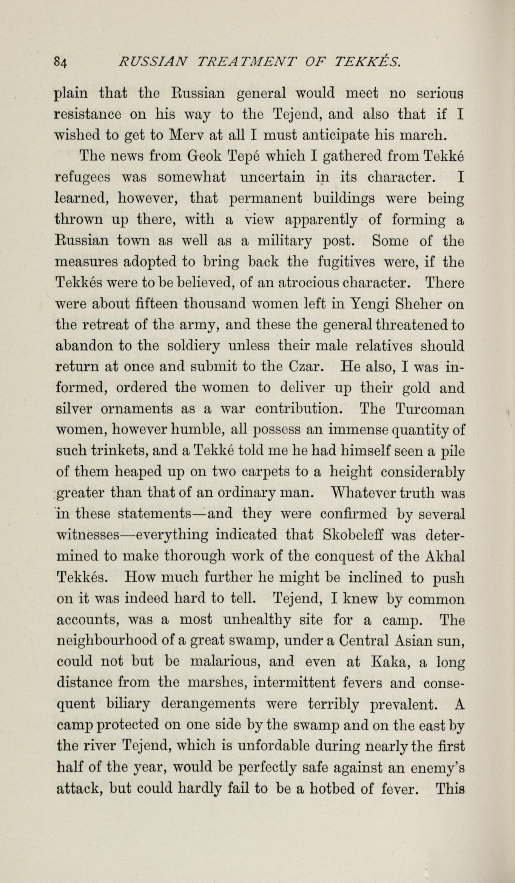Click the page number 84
click(x=60, y=61)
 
